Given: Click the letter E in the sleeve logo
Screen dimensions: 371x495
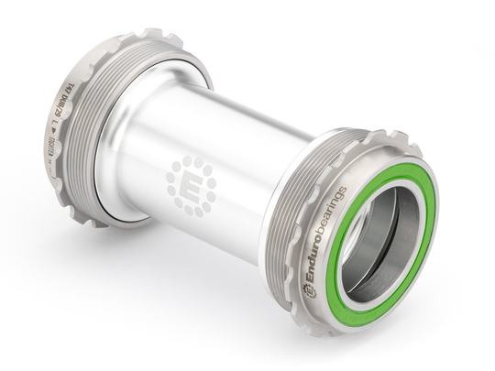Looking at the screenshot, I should (x=191, y=183).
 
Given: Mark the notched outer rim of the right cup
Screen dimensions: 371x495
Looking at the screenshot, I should (x=403, y=147).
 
